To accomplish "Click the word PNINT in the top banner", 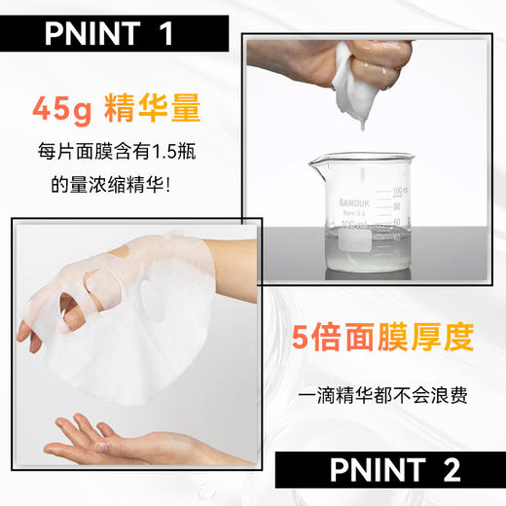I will tap(93, 35).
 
